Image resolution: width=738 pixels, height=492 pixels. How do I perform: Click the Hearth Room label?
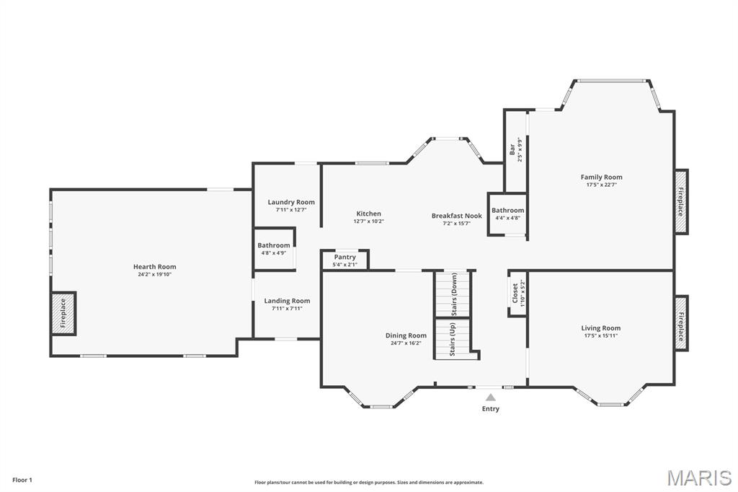coord(155,267)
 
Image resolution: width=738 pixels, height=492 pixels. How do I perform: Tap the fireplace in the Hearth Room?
coord(63,313)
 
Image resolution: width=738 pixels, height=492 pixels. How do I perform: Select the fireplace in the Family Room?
coord(680,202)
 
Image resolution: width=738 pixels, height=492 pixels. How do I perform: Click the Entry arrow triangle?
coord(490,397)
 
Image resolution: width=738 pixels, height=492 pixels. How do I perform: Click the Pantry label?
coord(345,258)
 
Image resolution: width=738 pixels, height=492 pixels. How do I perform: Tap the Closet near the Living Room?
coord(516,294)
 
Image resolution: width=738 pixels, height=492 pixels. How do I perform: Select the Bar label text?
coord(512,149)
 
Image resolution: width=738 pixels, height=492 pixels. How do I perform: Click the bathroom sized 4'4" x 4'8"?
coord(507,214)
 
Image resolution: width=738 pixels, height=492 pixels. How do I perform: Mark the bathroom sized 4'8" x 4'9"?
coord(274,249)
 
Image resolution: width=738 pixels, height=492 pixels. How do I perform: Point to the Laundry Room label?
coord(291,202)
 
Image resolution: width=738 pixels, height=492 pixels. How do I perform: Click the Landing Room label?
coord(287,301)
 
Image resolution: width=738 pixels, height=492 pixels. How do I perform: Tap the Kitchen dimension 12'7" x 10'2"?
coord(368,221)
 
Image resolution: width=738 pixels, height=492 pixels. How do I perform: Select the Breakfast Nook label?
coord(456,216)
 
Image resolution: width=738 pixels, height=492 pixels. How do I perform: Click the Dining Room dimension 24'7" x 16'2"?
coord(406,343)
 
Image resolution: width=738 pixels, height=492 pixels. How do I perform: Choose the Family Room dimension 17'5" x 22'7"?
coord(601,185)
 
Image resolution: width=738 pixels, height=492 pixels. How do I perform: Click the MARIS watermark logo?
coord(698,478)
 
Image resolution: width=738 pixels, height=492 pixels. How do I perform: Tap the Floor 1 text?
coord(22,480)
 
